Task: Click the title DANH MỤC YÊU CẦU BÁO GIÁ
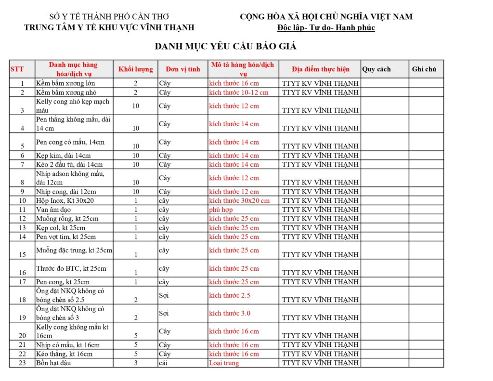[x=225, y=47]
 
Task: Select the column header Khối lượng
[x=135, y=69]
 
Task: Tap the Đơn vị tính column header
[x=182, y=69]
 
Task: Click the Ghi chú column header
[x=424, y=69]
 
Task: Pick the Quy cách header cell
[x=376, y=69]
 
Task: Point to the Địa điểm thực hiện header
[x=320, y=69]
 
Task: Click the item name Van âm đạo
[x=53, y=210]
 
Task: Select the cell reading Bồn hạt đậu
[x=53, y=363]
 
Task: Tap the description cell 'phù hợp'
[x=221, y=210]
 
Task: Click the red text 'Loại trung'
[x=224, y=363]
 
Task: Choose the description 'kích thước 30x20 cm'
[x=239, y=200]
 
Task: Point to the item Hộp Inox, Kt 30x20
[x=65, y=200]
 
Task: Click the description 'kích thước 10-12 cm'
[x=239, y=92]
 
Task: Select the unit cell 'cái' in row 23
[x=163, y=363]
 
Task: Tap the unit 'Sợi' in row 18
[x=164, y=295]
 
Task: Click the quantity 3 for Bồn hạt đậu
[x=136, y=363]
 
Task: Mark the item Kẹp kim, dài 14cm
[x=63, y=156]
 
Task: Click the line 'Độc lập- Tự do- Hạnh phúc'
[x=326, y=27]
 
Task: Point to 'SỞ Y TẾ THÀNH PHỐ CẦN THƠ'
[x=109, y=17]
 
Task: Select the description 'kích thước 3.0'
[x=230, y=313]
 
